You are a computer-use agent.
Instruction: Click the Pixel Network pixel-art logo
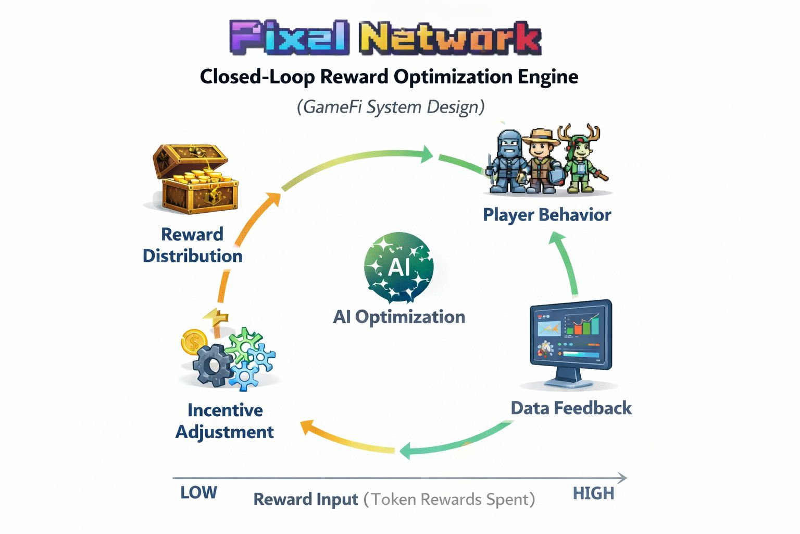pyautogui.click(x=385, y=38)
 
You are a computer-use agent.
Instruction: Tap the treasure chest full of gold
pyautogui.click(x=196, y=180)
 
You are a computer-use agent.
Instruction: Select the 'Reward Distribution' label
pyautogui.click(x=192, y=245)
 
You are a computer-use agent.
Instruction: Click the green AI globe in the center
pyautogui.click(x=399, y=268)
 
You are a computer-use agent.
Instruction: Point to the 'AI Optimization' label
pyautogui.click(x=399, y=317)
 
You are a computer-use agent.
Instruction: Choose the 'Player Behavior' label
pyautogui.click(x=547, y=214)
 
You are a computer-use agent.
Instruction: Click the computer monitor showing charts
pyautogui.click(x=571, y=339)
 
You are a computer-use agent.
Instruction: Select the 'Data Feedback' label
pyautogui.click(x=571, y=408)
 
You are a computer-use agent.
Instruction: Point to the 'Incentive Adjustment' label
pyautogui.click(x=224, y=421)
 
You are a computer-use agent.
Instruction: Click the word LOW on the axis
pyautogui.click(x=198, y=493)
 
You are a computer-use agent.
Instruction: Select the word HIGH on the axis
pyautogui.click(x=593, y=493)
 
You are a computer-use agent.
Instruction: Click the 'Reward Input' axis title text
pyautogui.click(x=306, y=500)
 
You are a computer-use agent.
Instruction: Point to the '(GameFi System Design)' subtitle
pyautogui.click(x=391, y=107)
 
